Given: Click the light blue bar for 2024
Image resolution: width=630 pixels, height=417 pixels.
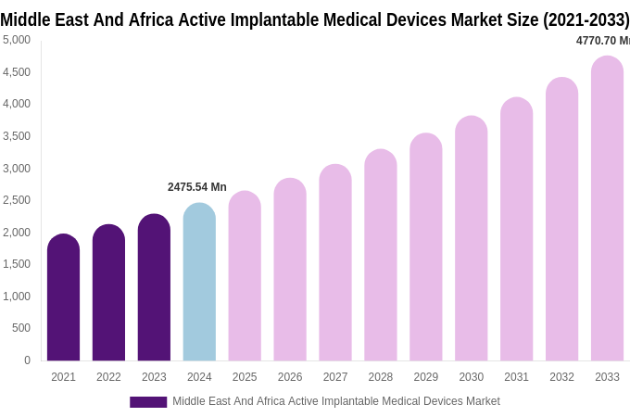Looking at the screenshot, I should coord(199,283).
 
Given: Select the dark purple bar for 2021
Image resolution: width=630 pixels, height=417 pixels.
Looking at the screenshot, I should coord(63,297).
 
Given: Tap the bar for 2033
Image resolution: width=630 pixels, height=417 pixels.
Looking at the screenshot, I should coord(607,208).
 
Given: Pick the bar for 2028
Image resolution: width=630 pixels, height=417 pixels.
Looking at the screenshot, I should coord(381,255).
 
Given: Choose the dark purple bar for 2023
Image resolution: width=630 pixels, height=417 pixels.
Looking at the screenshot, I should coord(154,287).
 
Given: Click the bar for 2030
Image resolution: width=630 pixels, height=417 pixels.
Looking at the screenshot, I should coord(471,238).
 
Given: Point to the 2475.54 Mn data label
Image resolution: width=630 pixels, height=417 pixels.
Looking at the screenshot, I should coord(196,187).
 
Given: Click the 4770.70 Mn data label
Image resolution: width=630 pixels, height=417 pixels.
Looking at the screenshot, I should coord(602,41).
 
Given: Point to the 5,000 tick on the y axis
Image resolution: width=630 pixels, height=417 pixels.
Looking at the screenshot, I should coord(17,40).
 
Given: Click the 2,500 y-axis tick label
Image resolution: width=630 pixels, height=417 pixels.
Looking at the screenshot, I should coord(17,200).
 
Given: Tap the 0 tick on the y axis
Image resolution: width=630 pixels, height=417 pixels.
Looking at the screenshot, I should coord(27,360).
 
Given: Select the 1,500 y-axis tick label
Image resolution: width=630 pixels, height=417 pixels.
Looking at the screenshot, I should coord(17,264).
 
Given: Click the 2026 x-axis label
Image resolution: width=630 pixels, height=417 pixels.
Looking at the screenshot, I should coord(290,377).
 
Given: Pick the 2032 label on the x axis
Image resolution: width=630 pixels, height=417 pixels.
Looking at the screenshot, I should coord(561,377).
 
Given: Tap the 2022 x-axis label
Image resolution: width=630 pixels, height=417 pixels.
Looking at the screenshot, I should coord(108,377).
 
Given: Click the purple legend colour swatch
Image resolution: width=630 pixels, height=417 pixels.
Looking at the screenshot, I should coord(148,402).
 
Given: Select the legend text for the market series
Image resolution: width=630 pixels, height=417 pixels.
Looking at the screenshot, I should coord(335,401).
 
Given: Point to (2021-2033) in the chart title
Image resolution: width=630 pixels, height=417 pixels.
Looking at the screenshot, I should coord(586,19).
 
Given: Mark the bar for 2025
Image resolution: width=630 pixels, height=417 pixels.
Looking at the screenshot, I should coord(245,276).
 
